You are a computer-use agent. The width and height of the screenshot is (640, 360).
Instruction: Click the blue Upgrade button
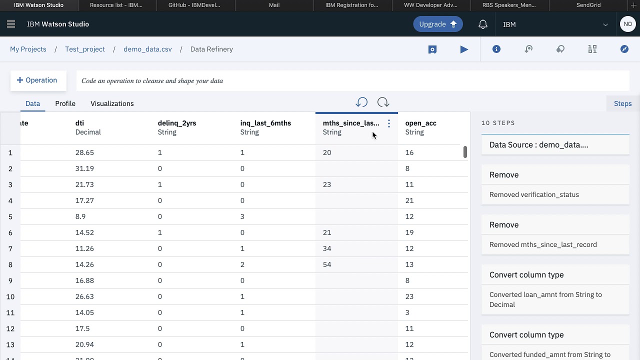pos(437,24)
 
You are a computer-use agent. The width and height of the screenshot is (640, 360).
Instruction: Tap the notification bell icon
pos(482,24)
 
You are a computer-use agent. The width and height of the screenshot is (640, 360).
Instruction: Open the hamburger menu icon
pos(11,24)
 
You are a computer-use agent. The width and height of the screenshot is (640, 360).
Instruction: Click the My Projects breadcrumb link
pos(28,49)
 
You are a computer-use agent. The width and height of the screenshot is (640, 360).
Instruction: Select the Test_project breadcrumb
pos(85,49)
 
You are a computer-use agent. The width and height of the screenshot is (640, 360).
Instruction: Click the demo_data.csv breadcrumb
pos(147,49)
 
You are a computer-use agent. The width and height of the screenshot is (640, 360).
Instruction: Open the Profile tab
pos(65,103)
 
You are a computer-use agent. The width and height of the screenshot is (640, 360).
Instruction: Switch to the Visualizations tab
pos(112,103)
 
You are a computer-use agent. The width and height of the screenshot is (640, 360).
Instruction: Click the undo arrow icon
pos(361,102)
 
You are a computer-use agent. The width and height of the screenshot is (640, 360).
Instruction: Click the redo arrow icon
pos(383,102)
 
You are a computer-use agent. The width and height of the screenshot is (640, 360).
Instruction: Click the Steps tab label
pos(622,103)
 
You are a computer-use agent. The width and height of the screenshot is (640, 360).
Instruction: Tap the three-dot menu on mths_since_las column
pos(389,123)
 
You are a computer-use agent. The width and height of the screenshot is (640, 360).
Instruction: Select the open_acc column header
pos(420,123)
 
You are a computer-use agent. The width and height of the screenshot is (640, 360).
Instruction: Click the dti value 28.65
pos(84,152)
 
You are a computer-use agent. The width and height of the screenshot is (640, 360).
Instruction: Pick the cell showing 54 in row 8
pos(327,264)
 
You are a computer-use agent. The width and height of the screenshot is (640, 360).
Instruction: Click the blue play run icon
pos(464,49)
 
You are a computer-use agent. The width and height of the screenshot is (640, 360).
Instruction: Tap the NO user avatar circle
pos(627,24)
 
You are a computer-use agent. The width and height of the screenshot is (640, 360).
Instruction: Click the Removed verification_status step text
pos(534,194)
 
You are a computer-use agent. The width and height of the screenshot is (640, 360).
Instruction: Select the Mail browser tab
pos(274,5)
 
